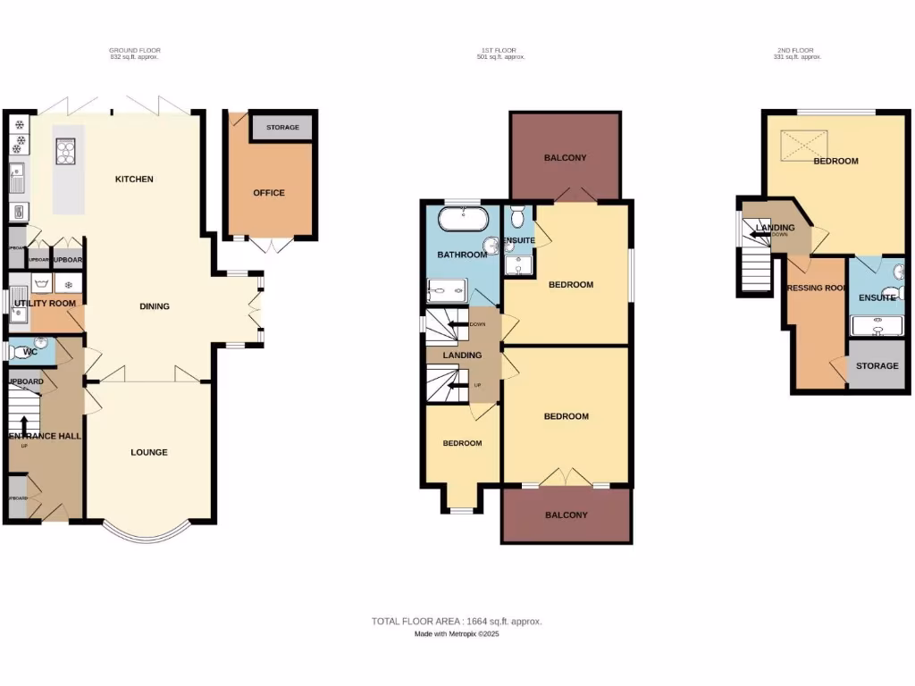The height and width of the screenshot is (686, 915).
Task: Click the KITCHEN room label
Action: click(134, 180)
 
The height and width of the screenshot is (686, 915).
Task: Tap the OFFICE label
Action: click(268, 193)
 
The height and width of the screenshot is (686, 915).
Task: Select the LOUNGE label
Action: click(149, 452)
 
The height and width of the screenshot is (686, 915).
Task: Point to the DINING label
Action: click(155, 306)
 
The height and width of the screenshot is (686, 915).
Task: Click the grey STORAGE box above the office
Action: click(281, 128)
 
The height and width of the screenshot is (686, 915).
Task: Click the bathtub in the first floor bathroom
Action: click(463, 219)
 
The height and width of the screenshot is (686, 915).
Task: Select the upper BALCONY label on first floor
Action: click(565, 158)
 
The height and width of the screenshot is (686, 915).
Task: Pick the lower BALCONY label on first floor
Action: click(567, 514)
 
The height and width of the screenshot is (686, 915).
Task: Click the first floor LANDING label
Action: click(462, 356)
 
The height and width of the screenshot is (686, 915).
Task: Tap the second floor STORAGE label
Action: click(877, 366)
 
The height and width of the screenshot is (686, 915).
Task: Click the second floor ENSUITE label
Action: click(876, 297)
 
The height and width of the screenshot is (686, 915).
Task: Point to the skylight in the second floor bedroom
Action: click(804, 145)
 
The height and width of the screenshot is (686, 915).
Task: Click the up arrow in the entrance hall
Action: click(24, 425)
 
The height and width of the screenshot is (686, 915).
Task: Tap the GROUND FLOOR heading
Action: click(134, 50)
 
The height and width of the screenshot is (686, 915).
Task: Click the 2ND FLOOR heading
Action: click(795, 50)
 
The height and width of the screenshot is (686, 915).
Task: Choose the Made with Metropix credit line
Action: click(457, 634)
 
